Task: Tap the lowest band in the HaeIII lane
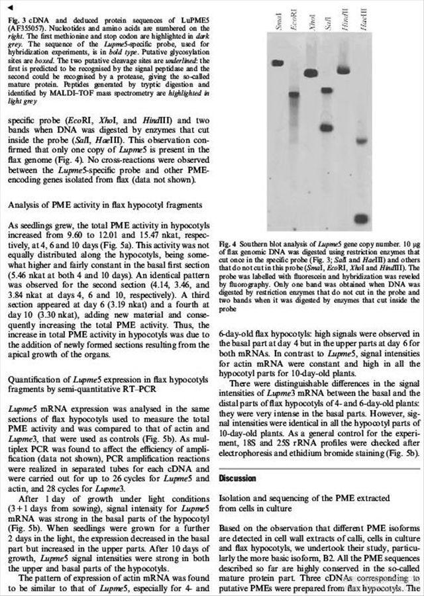click(x=360, y=219)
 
